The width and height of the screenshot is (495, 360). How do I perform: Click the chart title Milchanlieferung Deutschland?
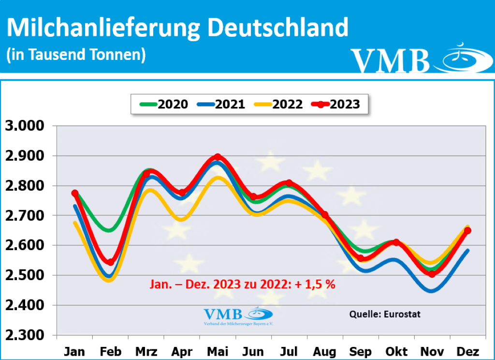(177, 28)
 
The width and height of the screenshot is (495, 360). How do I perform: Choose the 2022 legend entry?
(278, 104)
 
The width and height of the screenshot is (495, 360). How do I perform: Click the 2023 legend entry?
(335, 104)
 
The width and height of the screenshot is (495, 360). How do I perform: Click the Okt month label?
(396, 351)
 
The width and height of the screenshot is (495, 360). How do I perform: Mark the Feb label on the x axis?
(110, 351)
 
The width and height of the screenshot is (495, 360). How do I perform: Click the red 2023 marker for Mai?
(218, 157)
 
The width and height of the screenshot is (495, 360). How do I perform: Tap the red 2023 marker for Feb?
(110, 262)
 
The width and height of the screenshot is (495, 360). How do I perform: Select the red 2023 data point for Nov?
(432, 274)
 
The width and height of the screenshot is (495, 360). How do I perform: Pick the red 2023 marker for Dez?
(467, 231)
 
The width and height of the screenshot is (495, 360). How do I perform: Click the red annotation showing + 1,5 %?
(241, 284)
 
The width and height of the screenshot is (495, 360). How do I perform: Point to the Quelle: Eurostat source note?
(385, 314)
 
